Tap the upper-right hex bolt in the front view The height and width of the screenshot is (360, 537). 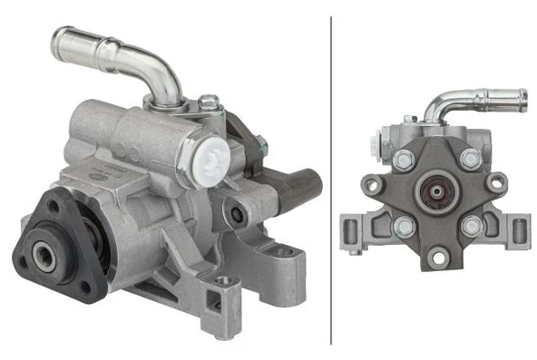click(470, 160)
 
